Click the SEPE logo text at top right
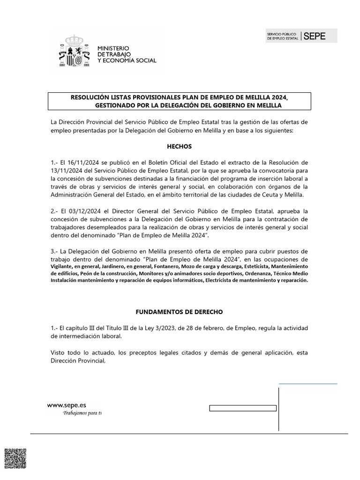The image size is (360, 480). (315, 36)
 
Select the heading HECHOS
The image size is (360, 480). (180, 147)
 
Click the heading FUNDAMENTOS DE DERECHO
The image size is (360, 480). (180, 311)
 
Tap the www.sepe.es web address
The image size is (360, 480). (67, 405)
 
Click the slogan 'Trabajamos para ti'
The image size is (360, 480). (82, 413)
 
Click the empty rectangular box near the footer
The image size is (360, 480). (242, 408)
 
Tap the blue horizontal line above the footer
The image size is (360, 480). (308, 384)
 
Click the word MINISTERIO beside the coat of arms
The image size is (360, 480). (113, 48)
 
